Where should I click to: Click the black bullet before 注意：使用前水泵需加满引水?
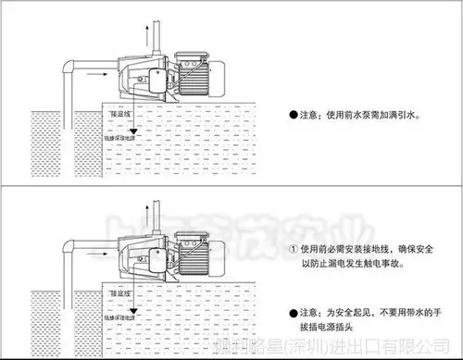[294, 115]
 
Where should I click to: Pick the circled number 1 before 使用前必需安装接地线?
[294, 248]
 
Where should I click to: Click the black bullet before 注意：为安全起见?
[294, 312]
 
